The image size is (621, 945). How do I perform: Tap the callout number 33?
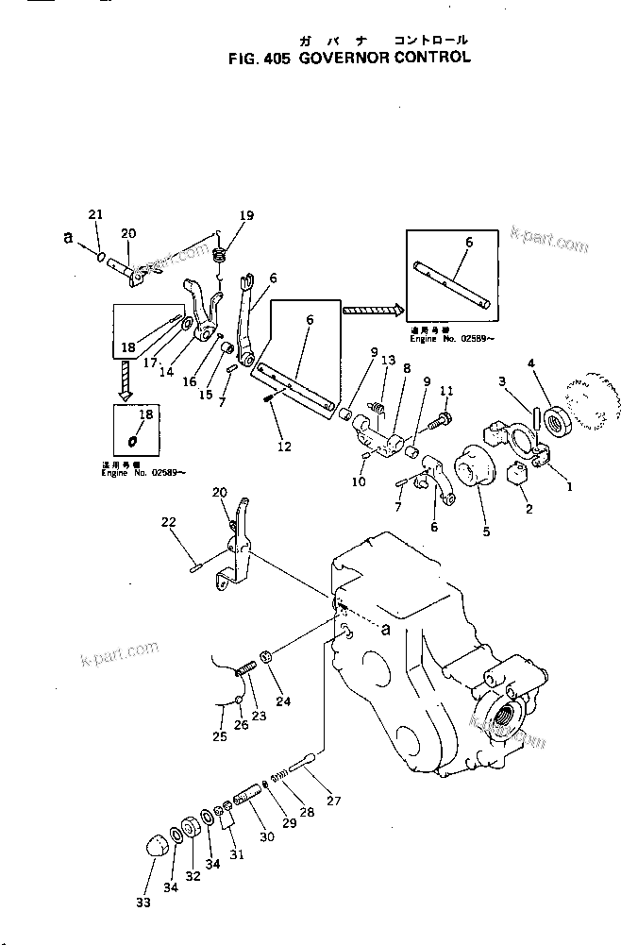(x=143, y=903)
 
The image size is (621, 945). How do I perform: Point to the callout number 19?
(x=246, y=216)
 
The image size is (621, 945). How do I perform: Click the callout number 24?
(x=282, y=700)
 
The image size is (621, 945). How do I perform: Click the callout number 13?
(x=388, y=362)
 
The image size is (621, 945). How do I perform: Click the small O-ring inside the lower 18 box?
(x=133, y=439)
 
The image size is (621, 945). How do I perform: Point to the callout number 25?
(x=219, y=736)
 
